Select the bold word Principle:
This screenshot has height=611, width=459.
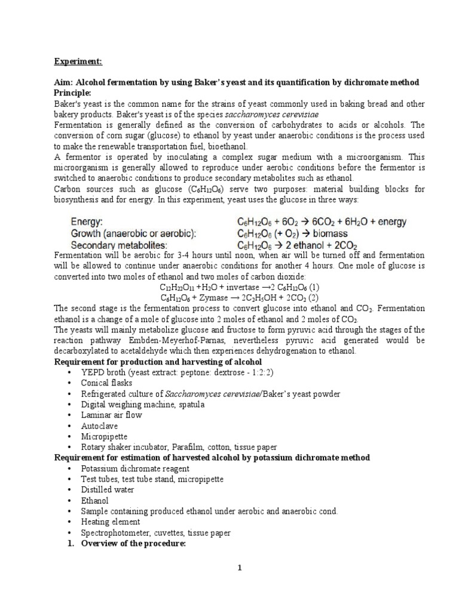pos(75,92)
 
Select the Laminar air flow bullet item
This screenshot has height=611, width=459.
pos(112,415)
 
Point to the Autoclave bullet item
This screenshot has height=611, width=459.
pos(99,426)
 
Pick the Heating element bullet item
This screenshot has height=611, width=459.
pos(111,522)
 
